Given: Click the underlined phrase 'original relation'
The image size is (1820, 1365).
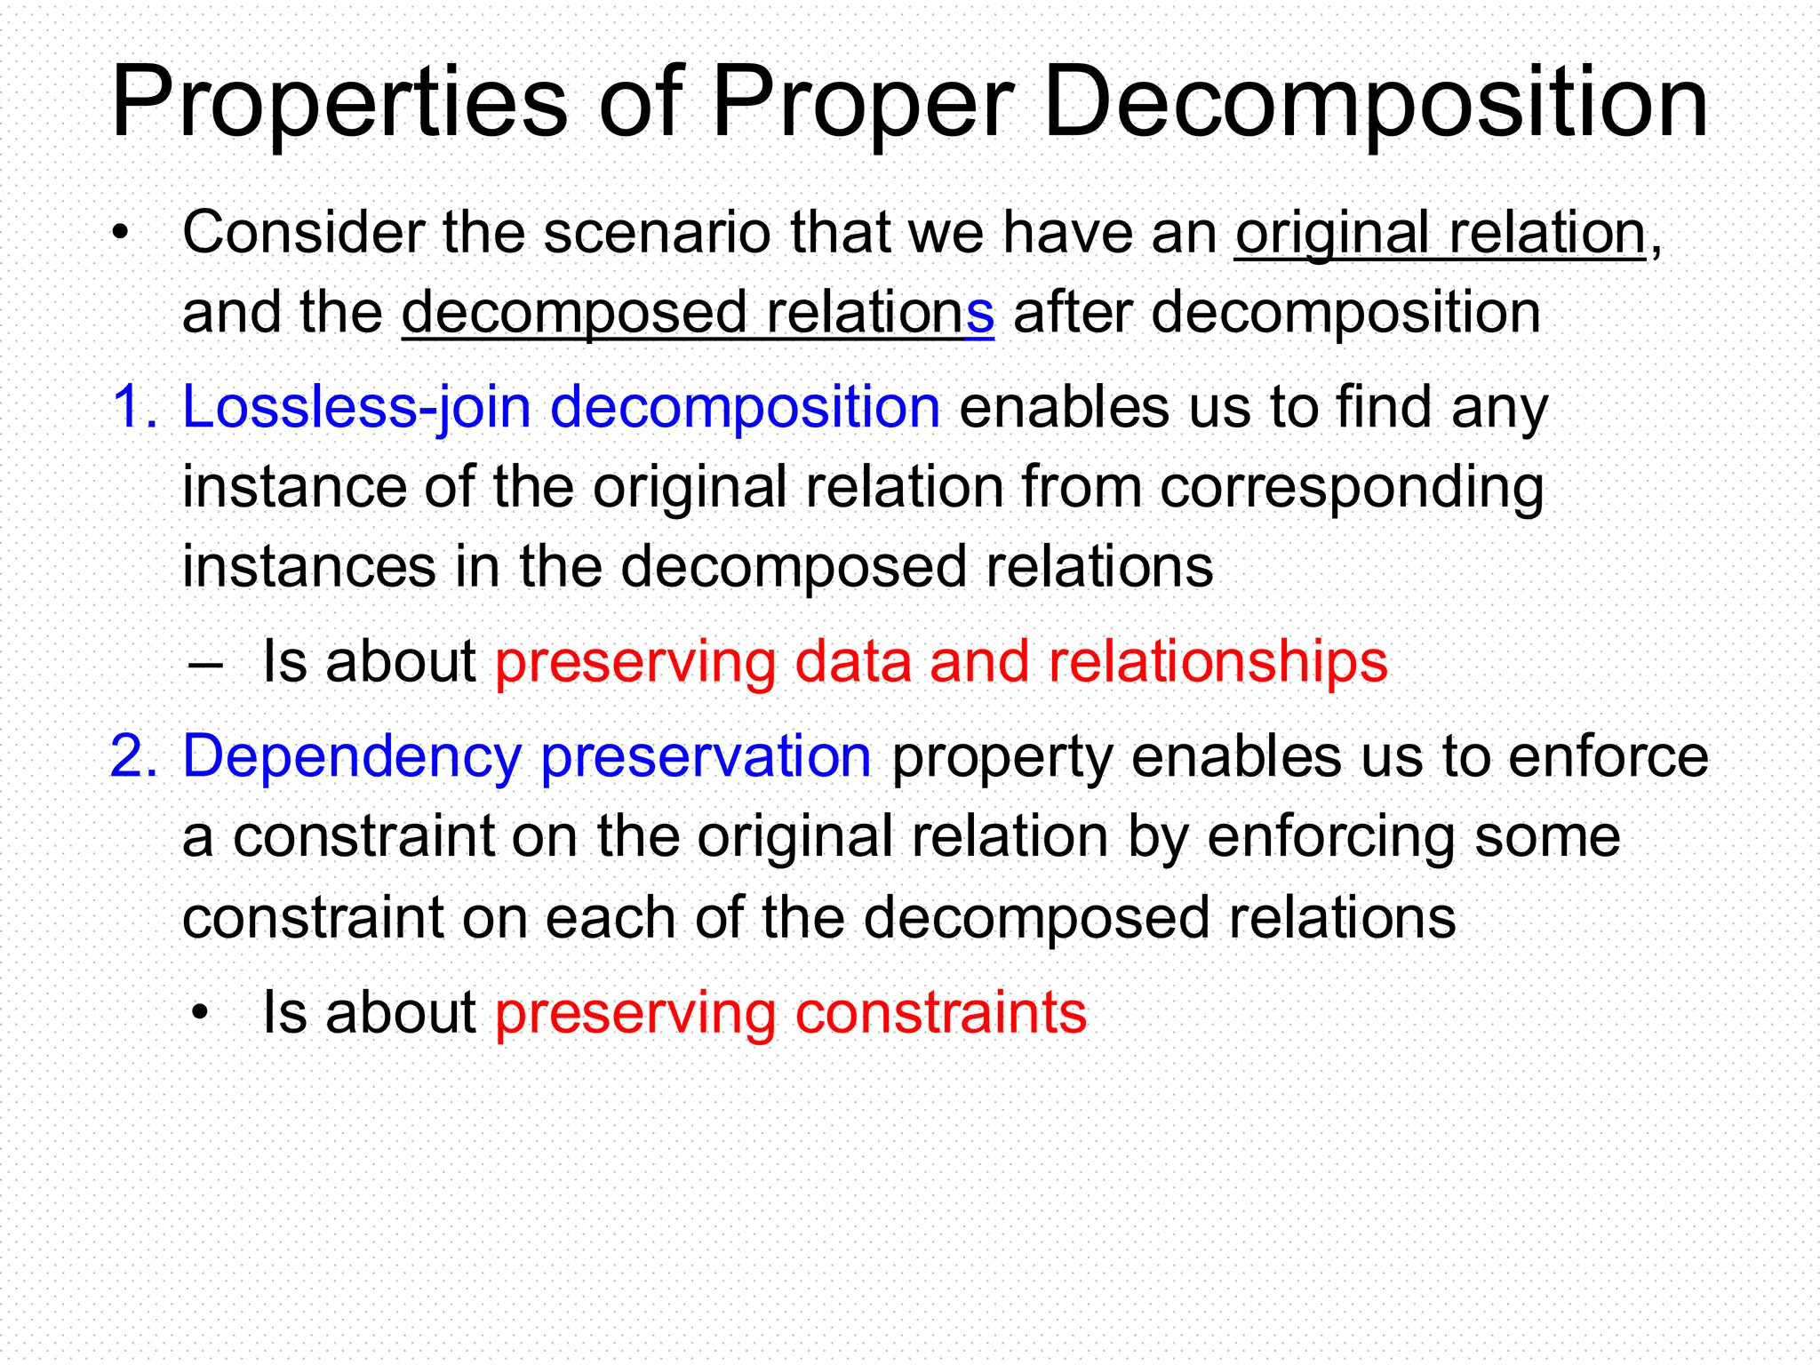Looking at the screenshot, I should point(1441,233).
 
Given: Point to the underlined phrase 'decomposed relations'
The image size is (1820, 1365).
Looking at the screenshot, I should point(698,313).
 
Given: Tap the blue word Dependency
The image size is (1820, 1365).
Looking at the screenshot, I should point(352,756).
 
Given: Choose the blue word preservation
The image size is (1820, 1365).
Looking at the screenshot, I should point(706,756).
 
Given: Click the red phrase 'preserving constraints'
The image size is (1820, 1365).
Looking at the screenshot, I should point(790,1012).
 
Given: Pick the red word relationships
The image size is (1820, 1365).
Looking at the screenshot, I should point(1217,662).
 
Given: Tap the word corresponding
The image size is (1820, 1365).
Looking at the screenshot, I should point(1352,488).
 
